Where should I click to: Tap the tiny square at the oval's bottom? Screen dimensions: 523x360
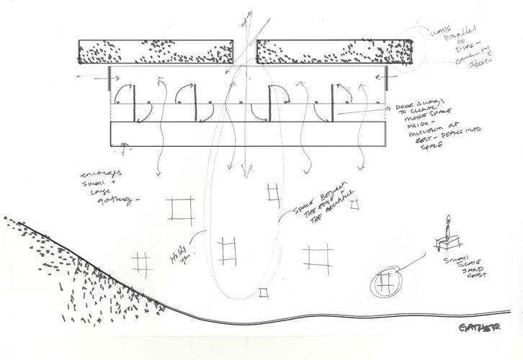(x=264, y=291)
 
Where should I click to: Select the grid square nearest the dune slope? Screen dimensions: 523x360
(x=142, y=261)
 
